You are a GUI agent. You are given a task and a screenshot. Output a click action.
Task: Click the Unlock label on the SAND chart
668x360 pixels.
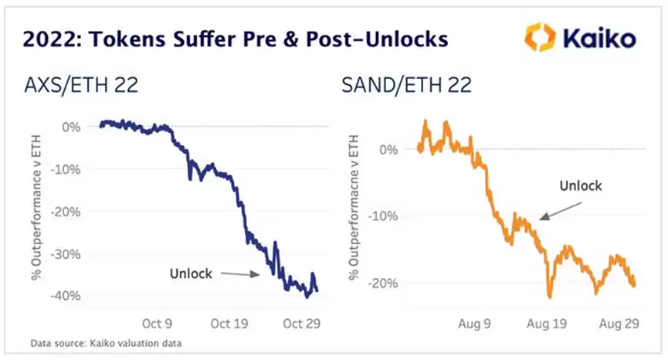pyautogui.click(x=581, y=185)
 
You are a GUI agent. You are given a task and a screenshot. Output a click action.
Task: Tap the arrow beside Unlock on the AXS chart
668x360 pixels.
pyautogui.click(x=240, y=273)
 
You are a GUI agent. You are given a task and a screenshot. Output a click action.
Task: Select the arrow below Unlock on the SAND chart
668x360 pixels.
pyautogui.click(x=558, y=209)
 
